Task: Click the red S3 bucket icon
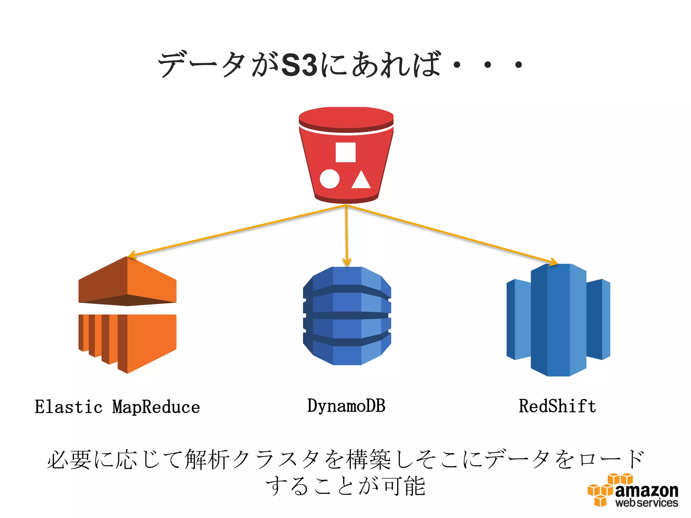(x=346, y=155)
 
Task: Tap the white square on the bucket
(x=345, y=152)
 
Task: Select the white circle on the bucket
(x=329, y=179)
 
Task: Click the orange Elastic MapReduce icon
(x=128, y=315)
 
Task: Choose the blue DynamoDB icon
(x=347, y=316)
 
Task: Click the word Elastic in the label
(x=68, y=407)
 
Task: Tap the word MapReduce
(x=156, y=407)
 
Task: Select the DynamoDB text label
(x=346, y=406)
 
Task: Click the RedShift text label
(x=557, y=406)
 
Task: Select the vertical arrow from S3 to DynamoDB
(x=347, y=236)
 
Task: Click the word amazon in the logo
(x=646, y=491)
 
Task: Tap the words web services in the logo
(x=646, y=503)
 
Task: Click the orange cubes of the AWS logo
(x=604, y=491)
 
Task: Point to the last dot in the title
(x=519, y=64)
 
